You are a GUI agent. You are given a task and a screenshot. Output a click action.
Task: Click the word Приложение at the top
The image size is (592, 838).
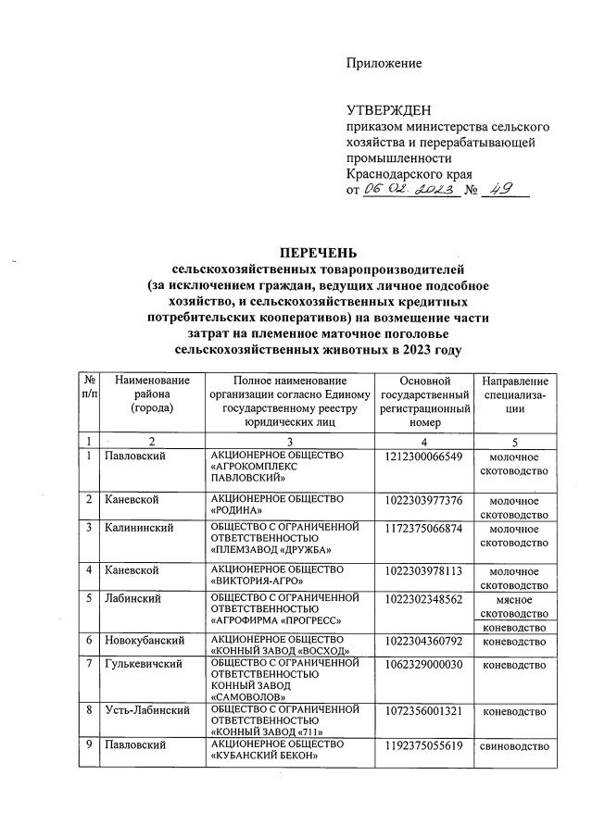coord(384,63)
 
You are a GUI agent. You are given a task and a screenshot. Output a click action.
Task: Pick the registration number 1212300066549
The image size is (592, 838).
coord(422,457)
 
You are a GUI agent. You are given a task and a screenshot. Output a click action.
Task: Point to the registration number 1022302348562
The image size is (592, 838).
coord(422,598)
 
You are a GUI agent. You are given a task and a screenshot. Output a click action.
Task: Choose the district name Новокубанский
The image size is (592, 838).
coord(141,640)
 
